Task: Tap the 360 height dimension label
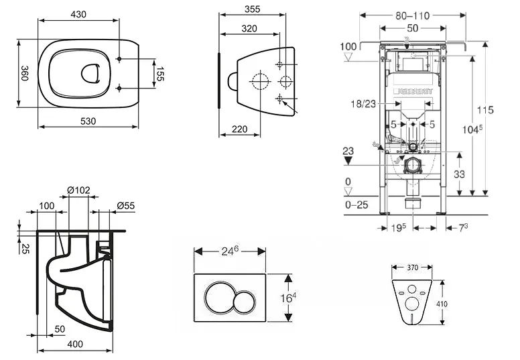tap(24, 72)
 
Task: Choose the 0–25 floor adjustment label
tap(356, 205)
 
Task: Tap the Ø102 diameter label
tap(79, 190)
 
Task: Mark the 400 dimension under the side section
tap(75, 344)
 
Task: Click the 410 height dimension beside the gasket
tap(443, 303)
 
